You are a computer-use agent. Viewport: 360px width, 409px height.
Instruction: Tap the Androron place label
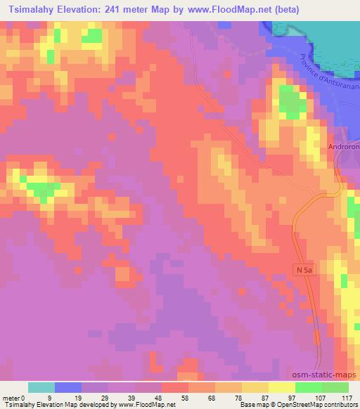(343, 148)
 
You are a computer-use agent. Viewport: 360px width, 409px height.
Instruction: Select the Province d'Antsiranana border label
(324, 85)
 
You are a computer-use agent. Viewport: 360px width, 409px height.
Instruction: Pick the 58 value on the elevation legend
(175, 398)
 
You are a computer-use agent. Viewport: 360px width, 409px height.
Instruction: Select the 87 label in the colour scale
(268, 398)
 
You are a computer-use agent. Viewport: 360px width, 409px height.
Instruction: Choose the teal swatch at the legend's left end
(41, 387)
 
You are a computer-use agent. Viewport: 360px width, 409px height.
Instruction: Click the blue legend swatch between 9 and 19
(68, 387)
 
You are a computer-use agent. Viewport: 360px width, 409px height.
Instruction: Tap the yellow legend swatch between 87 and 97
(281, 387)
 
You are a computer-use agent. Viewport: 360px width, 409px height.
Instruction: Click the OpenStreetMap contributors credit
(316, 405)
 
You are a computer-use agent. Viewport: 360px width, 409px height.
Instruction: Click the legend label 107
(321, 398)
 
